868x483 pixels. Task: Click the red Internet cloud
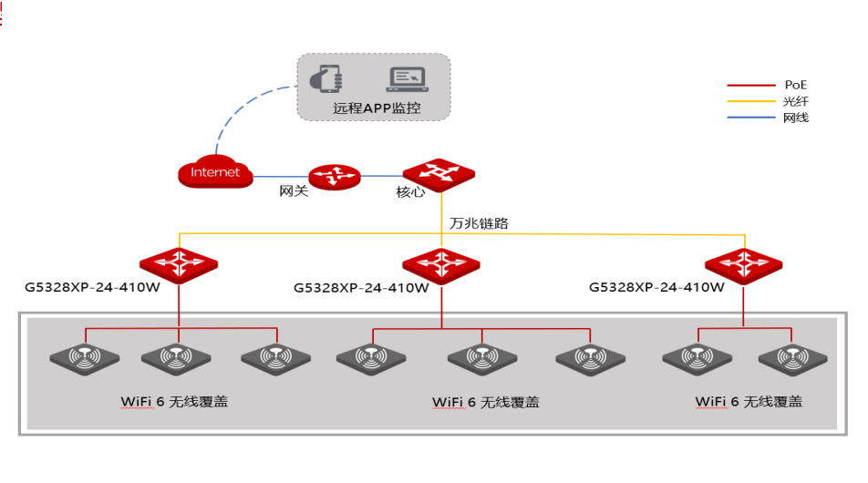[x=215, y=171]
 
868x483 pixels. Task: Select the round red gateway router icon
[x=335, y=177]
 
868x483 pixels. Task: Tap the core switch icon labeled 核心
[x=439, y=175]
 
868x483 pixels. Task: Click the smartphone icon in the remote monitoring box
[x=326, y=78]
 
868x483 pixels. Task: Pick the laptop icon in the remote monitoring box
[x=408, y=79]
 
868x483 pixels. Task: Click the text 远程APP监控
[x=377, y=108]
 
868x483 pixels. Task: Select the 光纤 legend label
[x=795, y=101]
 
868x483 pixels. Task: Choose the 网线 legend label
[x=795, y=118]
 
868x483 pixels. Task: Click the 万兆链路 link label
[x=479, y=223]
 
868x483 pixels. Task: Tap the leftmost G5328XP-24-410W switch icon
[x=179, y=265]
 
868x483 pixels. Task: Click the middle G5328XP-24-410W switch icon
[x=441, y=266]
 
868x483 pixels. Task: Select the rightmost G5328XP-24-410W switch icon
[x=743, y=266]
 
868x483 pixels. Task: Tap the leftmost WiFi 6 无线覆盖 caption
[x=174, y=402]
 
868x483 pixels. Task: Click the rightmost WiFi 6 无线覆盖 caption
[x=749, y=402]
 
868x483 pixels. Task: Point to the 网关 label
[x=294, y=190]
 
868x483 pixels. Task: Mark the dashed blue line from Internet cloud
[x=242, y=108]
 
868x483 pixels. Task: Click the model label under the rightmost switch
[x=656, y=287]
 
